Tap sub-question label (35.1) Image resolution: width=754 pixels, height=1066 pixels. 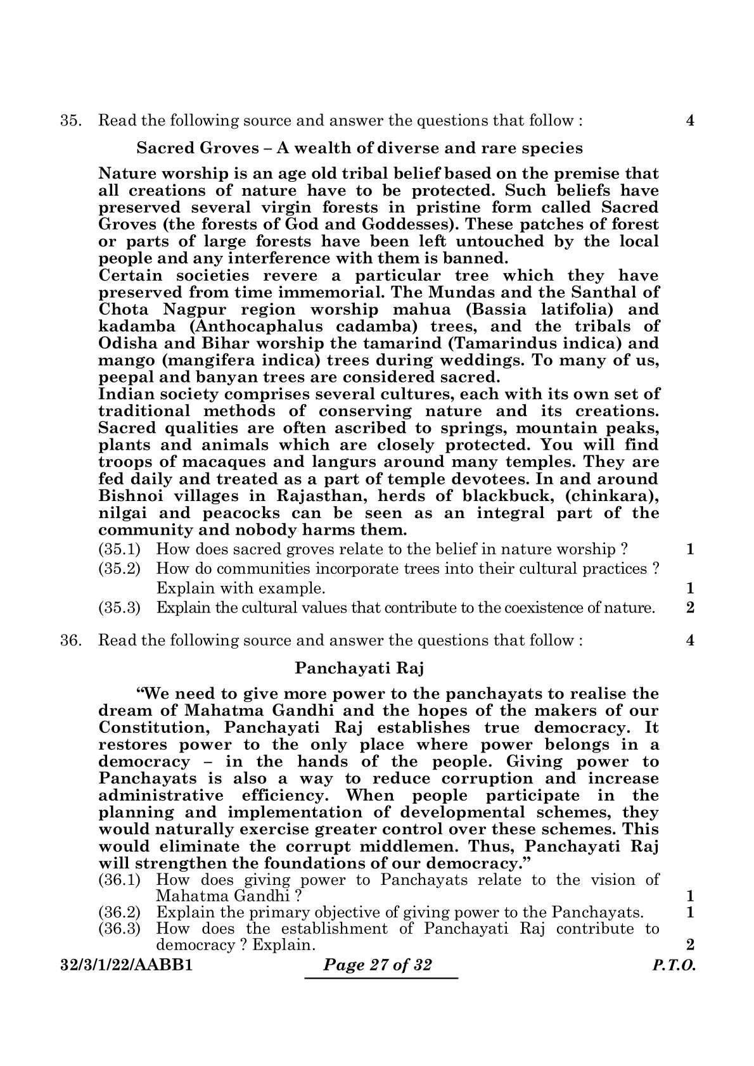click(120, 549)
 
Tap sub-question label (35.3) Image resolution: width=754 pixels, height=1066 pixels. click(120, 608)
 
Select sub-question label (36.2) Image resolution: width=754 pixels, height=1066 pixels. click(120, 913)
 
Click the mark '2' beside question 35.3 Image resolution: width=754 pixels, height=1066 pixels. click(691, 608)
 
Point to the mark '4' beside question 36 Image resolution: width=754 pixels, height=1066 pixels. click(691, 640)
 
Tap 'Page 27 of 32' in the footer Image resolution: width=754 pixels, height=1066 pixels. click(378, 965)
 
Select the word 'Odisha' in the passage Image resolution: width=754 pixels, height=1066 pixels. click(127, 343)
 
